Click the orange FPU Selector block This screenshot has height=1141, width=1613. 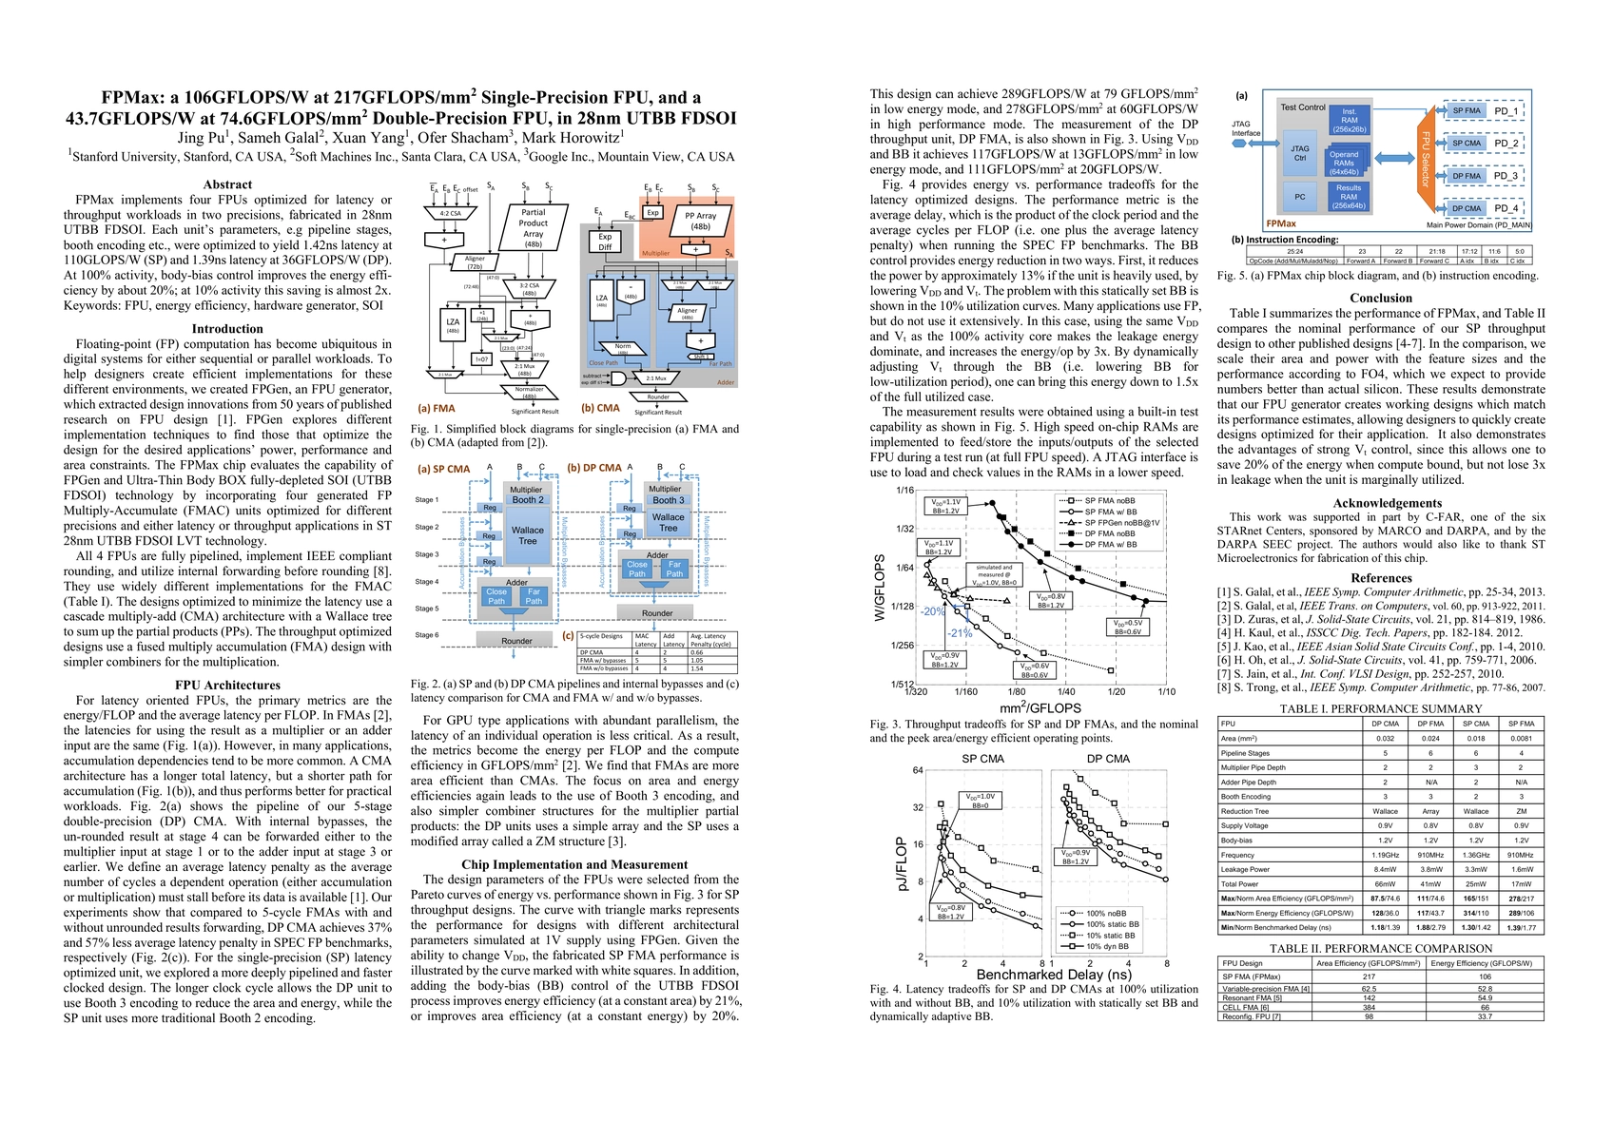[1425, 160]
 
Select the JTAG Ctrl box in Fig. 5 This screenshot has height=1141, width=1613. [1299, 153]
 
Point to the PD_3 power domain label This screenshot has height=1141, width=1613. [1506, 176]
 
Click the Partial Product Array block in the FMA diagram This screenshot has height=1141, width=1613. [533, 227]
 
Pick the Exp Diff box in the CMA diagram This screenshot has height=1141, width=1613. [605, 242]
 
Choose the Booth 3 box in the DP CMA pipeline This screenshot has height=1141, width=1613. [668, 500]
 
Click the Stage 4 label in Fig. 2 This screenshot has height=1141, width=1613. [427, 581]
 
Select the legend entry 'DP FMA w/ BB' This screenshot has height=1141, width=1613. [1110, 544]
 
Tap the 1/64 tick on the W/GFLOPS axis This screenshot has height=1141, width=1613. [904, 568]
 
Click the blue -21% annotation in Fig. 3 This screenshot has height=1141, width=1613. [959, 633]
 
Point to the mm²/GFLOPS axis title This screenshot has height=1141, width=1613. [1040, 708]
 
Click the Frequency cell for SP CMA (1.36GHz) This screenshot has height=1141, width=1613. [1475, 855]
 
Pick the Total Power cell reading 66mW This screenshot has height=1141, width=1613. [1385, 884]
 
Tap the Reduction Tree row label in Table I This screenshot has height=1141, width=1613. [1245, 811]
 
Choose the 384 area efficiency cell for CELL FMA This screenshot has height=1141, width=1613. [1368, 1007]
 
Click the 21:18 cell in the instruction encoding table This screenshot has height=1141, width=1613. [1436, 252]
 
